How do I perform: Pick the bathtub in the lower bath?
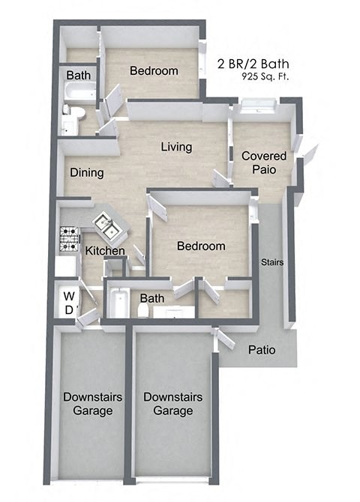119,301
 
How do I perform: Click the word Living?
176,147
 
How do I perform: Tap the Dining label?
87,172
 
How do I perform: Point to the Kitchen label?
104,250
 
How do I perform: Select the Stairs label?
271,262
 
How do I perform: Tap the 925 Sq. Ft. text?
265,76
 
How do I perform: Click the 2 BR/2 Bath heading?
253,63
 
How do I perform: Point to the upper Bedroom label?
154,71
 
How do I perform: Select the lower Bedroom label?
200,246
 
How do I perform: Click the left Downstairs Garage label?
88,404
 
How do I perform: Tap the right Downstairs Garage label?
172,404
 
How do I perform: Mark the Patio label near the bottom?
262,349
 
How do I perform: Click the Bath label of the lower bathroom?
151,298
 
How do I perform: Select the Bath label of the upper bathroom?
78,76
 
